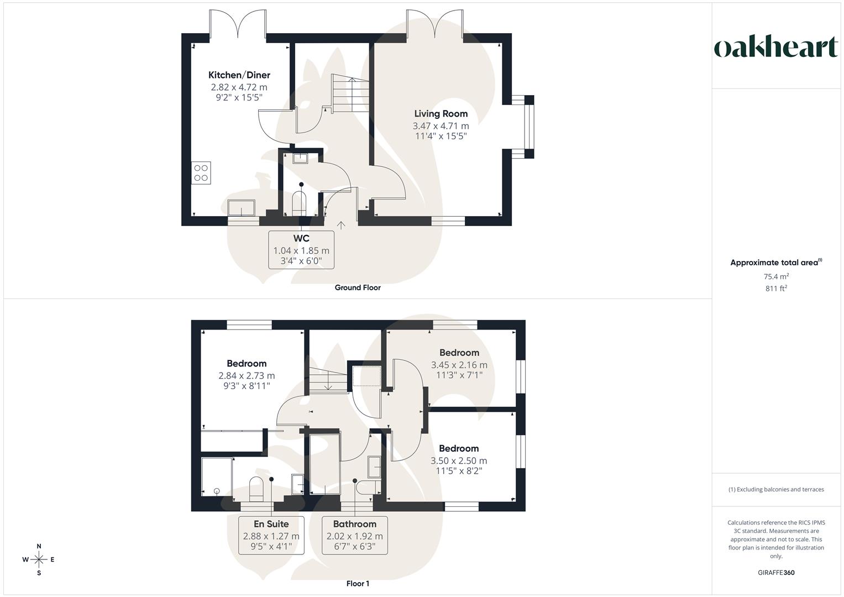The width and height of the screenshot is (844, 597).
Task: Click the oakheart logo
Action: tap(776, 48)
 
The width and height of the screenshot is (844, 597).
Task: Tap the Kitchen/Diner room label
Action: tap(239, 75)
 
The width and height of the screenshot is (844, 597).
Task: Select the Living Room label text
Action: tap(441, 114)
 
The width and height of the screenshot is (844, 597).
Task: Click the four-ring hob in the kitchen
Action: tap(201, 172)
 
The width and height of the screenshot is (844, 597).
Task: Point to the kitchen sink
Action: tap(242, 208)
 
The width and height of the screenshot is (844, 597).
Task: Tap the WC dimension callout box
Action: tap(301, 250)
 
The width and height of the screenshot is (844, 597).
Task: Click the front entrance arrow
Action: tap(342, 225)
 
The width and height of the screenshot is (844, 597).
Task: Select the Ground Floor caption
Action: tap(358, 287)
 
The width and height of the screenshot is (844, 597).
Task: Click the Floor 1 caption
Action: tap(358, 584)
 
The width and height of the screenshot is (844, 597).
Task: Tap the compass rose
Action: tap(39, 559)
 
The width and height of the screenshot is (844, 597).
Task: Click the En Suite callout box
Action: tap(271, 535)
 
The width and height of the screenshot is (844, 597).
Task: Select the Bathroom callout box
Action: tap(354, 535)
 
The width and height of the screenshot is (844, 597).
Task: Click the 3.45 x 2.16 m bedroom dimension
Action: tap(459, 365)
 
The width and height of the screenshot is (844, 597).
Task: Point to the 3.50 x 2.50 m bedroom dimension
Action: tap(459, 460)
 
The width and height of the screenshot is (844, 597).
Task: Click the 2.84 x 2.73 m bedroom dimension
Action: tap(247, 375)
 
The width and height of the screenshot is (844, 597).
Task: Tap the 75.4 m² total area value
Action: tap(776, 276)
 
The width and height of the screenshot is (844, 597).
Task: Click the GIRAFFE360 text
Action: tap(776, 573)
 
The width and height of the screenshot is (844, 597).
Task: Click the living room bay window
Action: tap(529, 127)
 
